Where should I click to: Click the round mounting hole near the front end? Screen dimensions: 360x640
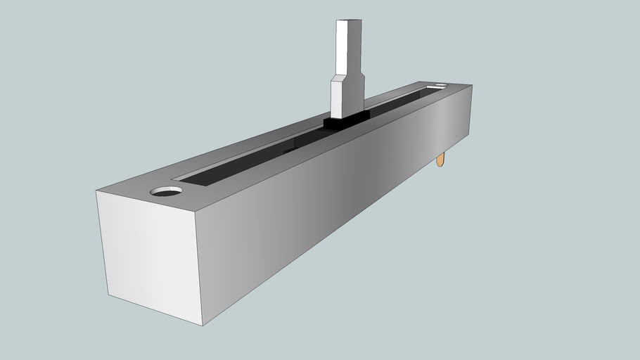pyautogui.click(x=166, y=191)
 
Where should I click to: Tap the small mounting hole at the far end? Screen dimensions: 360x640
pyautogui.click(x=441, y=86)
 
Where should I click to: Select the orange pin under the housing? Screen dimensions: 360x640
pyautogui.click(x=440, y=160)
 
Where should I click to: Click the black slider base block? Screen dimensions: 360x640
pyautogui.click(x=345, y=122)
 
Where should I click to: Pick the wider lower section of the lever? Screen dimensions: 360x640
pyautogui.click(x=345, y=97)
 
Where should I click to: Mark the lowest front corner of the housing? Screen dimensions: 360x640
pyautogui.click(x=203, y=326)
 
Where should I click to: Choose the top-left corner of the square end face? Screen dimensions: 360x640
pyautogui.click(x=96, y=191)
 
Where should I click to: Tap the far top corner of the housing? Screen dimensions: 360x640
pyautogui.click(x=471, y=85)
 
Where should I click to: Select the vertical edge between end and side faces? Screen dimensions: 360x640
pyautogui.click(x=198, y=271)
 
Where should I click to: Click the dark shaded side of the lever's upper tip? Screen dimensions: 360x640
pyautogui.click(x=361, y=46)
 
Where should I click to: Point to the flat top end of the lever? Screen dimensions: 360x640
pyautogui.click(x=350, y=21)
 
